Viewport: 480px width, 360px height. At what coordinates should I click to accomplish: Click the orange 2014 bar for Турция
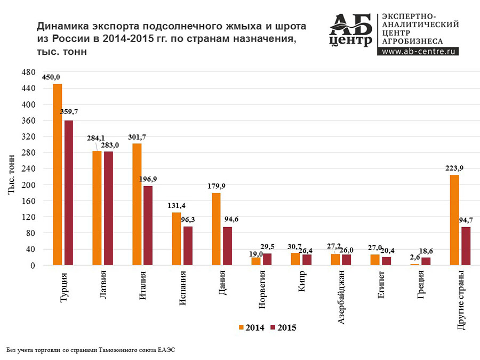pos(57,174)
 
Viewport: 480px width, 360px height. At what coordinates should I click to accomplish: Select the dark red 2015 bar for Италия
pos(148,225)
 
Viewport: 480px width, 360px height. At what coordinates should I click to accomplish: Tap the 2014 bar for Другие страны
pos(454,220)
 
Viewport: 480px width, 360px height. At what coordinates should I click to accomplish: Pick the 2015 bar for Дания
pos(227,246)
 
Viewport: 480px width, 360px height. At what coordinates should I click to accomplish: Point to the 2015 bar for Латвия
pos(108,208)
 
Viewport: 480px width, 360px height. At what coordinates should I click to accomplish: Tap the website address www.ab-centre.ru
pos(418,52)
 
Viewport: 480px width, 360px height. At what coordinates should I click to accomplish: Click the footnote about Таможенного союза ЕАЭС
pos(91,350)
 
